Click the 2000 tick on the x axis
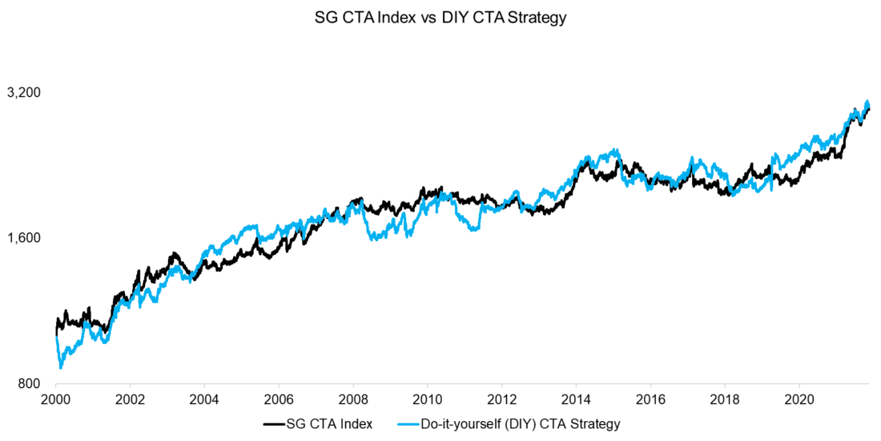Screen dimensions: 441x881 pos(56,399)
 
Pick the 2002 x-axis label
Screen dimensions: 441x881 pos(130,399)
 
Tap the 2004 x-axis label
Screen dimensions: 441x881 pos(204,399)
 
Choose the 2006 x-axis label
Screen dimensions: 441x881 pos(279,399)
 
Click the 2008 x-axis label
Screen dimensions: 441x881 pos(353,399)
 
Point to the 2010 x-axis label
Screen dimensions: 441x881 pos(428,399)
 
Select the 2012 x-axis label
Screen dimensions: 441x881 pos(502,399)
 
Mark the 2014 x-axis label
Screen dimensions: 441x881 pos(577,399)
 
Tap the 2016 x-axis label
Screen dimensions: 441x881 pos(651,399)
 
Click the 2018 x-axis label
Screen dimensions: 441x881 pos(726,399)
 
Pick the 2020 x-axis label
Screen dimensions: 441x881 pos(800,399)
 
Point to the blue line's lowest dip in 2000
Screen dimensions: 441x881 pos(61,367)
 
